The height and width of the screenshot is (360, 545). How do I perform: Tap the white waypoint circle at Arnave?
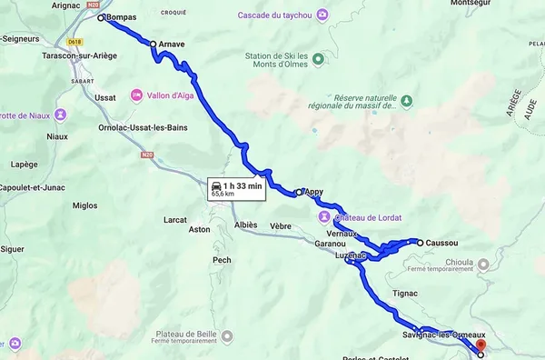click(x=153, y=44)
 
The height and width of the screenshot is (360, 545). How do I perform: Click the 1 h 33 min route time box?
click(x=236, y=188)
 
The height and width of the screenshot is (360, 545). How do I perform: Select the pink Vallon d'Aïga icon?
click(x=136, y=95)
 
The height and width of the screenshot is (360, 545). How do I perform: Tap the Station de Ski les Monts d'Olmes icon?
click(x=317, y=60)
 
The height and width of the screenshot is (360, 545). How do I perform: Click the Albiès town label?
click(x=245, y=225)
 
